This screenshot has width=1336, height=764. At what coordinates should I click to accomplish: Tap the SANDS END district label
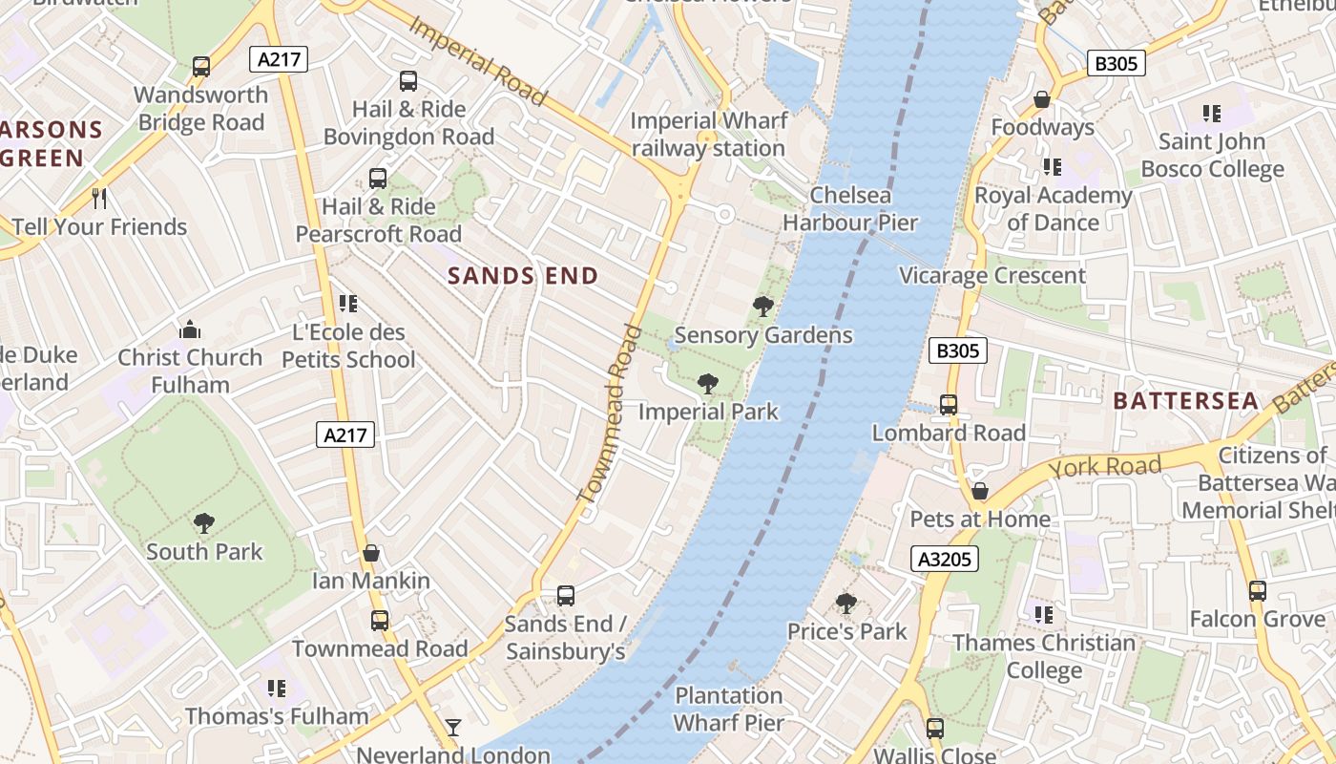pos(523,277)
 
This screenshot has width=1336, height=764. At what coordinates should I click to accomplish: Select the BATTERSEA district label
pos(1185,401)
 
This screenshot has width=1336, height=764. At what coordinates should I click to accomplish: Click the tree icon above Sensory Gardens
pos(762,307)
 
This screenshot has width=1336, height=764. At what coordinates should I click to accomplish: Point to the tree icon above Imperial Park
pos(707,384)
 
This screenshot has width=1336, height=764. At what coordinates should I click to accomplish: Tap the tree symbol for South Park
pos(203,523)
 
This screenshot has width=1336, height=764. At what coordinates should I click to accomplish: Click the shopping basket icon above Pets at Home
pos(979,492)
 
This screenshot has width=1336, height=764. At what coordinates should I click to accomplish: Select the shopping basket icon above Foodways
pos(1041,99)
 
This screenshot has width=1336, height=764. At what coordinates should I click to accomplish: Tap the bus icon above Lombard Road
pos(948,405)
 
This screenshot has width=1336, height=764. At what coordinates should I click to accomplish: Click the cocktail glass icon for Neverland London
pos(453,729)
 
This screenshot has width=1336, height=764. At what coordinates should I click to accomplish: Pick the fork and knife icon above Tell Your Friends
pos(99,199)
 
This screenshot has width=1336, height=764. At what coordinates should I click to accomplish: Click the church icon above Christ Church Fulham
pos(190,330)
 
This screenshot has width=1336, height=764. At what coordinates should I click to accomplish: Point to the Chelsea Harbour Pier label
pos(849,209)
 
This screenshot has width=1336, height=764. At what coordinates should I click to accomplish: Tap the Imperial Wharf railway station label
pos(708,135)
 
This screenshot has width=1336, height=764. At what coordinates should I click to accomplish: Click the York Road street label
pos(1104,466)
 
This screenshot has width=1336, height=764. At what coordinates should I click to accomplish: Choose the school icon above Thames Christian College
pos(1043,615)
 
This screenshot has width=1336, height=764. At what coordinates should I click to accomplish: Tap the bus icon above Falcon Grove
pos(1257,591)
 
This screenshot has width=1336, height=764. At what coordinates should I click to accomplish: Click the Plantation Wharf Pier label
pos(728,710)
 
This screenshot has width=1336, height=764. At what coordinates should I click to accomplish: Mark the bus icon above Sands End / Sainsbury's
pos(565,596)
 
